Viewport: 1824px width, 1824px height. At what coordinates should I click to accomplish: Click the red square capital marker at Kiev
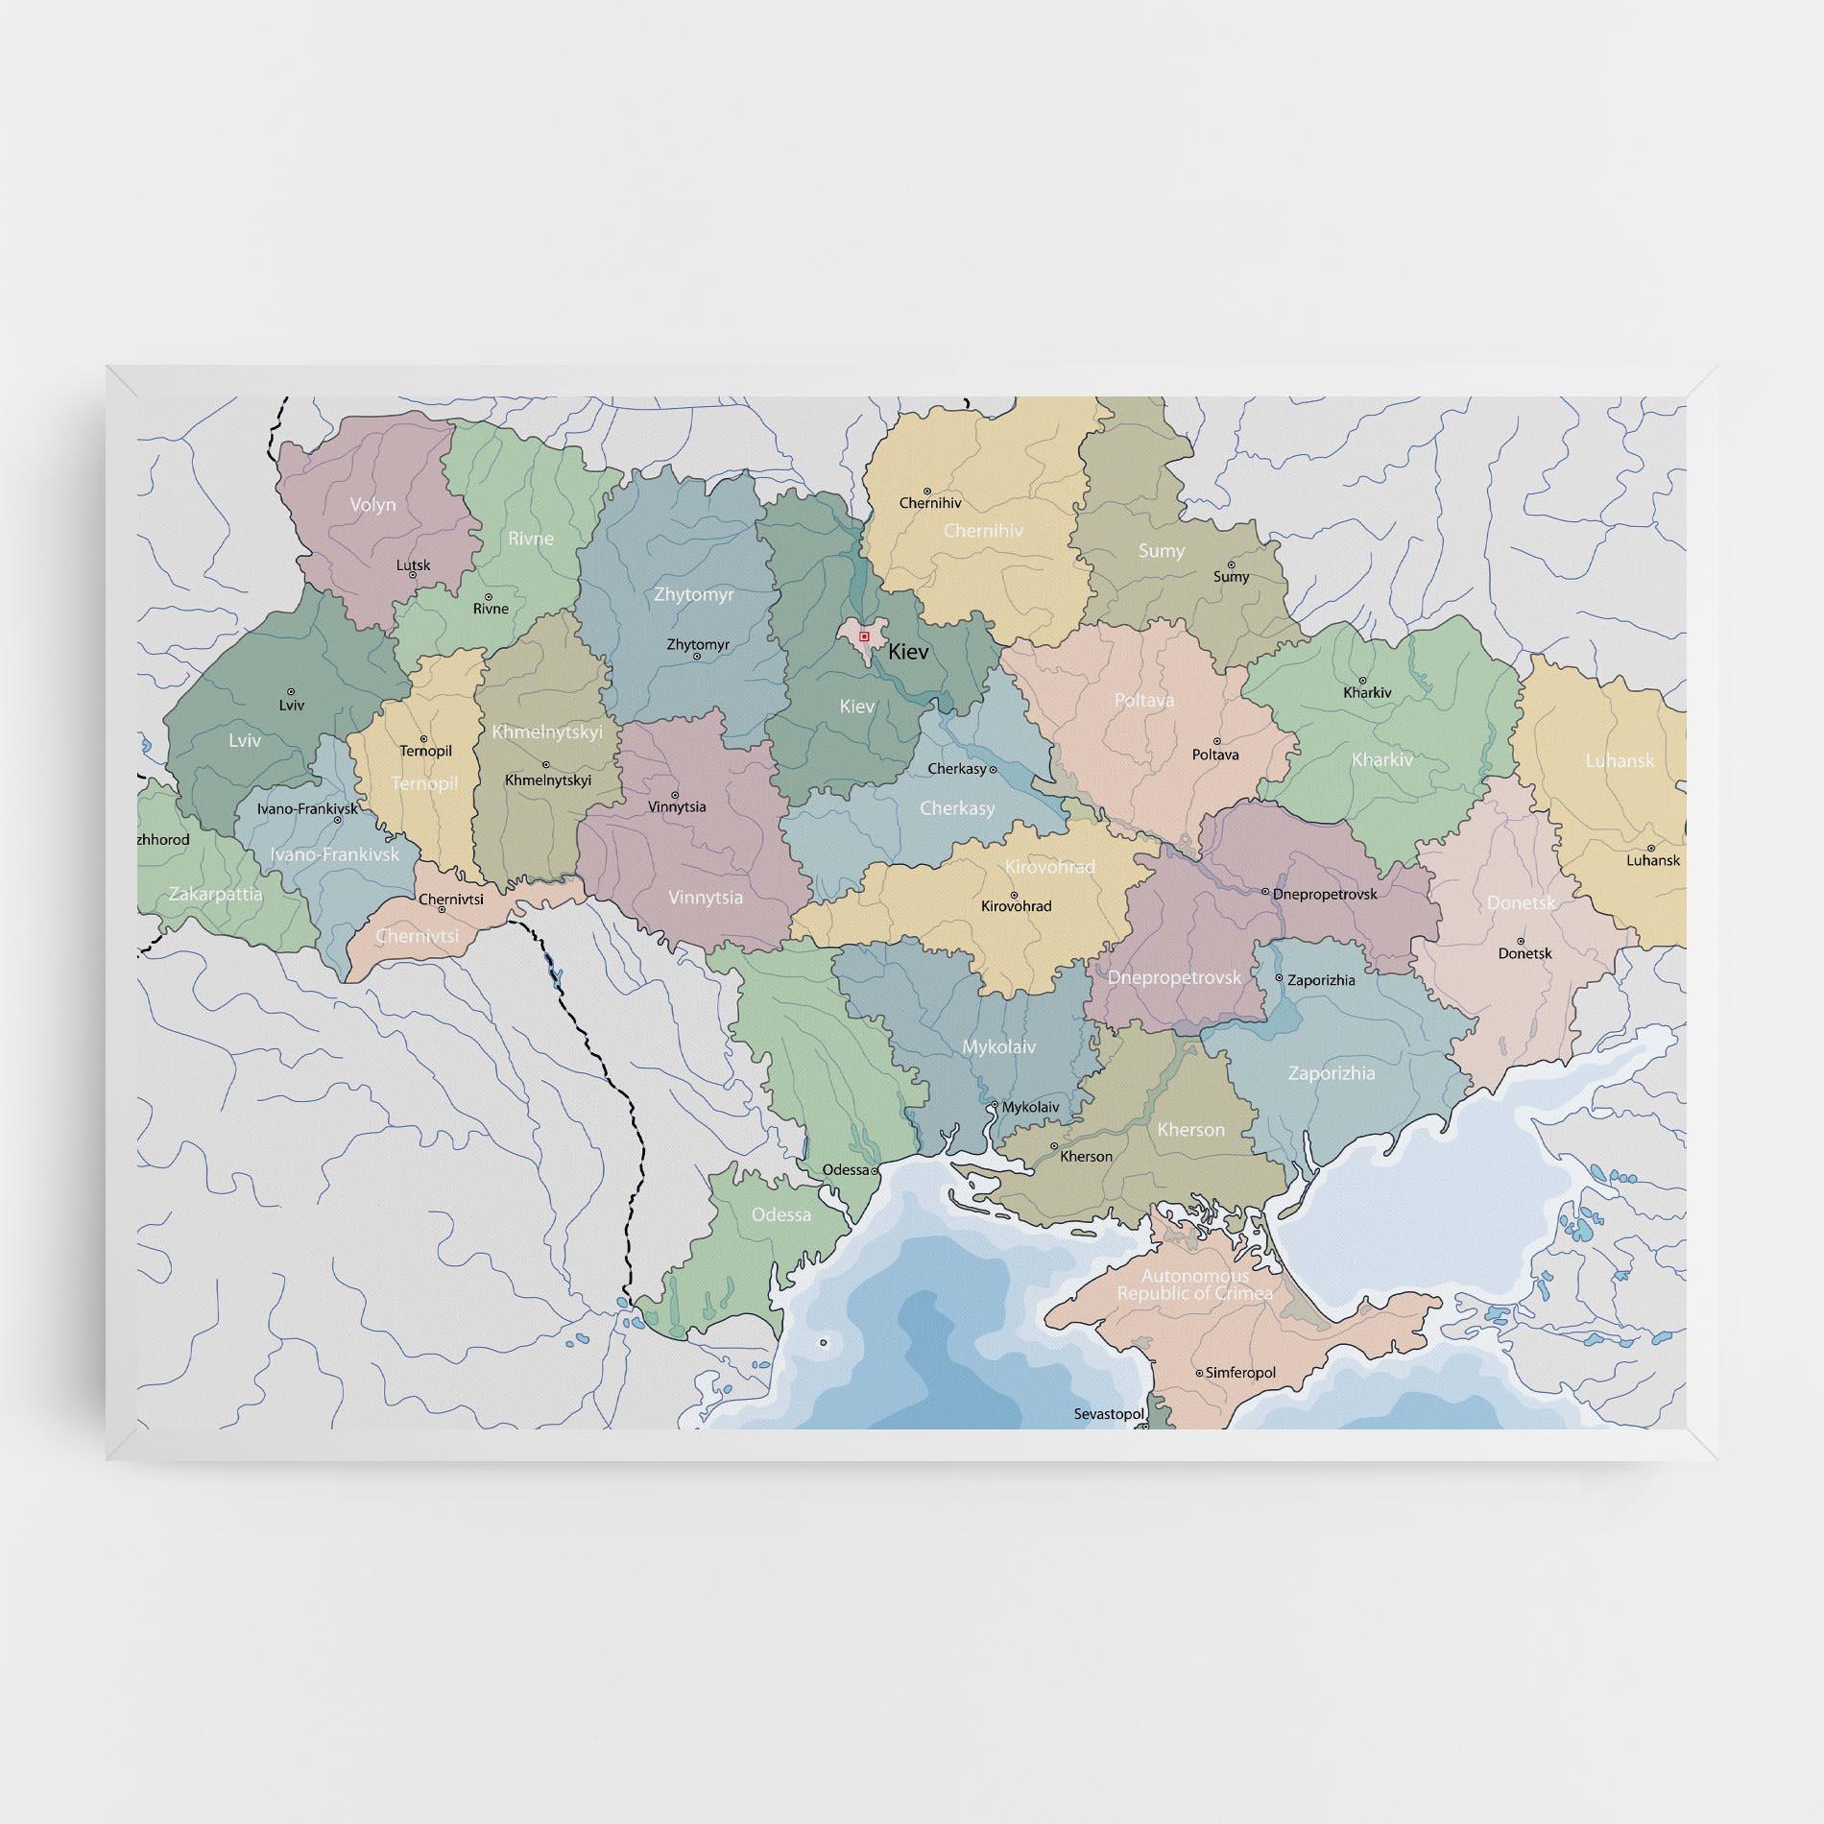(x=864, y=636)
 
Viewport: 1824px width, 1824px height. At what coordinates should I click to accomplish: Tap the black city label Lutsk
(x=413, y=564)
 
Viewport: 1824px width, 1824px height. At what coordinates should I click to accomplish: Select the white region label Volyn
(x=372, y=504)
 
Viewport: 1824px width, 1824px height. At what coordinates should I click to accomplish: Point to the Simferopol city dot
(x=1199, y=1373)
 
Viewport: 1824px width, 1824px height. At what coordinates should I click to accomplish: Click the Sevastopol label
(x=1109, y=1414)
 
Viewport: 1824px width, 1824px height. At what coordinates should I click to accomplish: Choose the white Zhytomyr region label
(x=693, y=594)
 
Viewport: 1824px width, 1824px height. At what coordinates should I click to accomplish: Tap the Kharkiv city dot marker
(x=1362, y=680)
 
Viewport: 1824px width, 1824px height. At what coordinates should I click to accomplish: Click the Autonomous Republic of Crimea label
(x=1195, y=1284)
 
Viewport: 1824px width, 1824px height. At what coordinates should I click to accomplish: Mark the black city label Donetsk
(x=1524, y=953)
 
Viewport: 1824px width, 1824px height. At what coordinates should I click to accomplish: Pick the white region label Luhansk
(x=1620, y=760)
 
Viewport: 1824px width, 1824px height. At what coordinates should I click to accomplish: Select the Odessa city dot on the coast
(x=875, y=1170)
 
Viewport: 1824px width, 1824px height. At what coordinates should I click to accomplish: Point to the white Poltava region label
(x=1144, y=700)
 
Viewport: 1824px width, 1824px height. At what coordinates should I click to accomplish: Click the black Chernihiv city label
(x=929, y=502)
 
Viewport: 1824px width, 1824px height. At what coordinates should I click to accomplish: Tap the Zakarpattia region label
(x=215, y=894)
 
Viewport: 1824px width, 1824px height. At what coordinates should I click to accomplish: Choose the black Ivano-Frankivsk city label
(x=307, y=808)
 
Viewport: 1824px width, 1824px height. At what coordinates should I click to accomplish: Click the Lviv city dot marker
(x=291, y=691)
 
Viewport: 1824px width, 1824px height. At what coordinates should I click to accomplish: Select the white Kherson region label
(x=1190, y=1129)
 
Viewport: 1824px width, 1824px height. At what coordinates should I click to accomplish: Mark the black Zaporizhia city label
(x=1321, y=980)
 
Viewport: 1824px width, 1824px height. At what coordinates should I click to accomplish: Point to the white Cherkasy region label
(x=957, y=808)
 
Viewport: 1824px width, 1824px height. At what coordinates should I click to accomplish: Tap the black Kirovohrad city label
(x=1016, y=905)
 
